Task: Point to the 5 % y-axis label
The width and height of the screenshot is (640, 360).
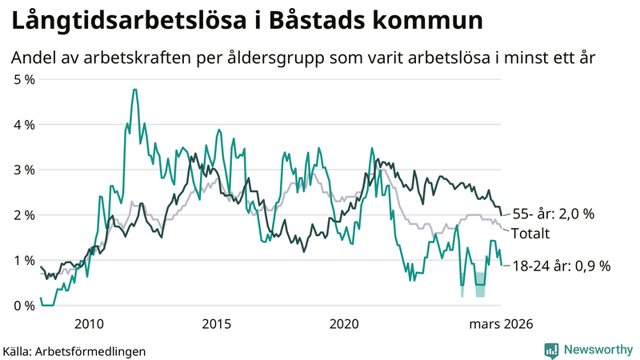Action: point(24,79)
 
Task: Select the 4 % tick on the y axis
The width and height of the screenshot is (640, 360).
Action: point(24,125)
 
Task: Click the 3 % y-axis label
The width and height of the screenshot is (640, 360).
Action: point(24,170)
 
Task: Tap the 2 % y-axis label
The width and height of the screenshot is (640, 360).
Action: point(24,215)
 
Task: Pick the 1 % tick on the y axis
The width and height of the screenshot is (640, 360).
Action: point(24,260)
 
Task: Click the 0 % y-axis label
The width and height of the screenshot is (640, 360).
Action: point(24,306)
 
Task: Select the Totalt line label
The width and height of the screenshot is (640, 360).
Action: point(530,234)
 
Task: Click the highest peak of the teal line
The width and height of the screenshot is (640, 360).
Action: point(134,90)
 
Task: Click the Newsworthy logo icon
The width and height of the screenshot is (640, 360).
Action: point(551,350)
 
